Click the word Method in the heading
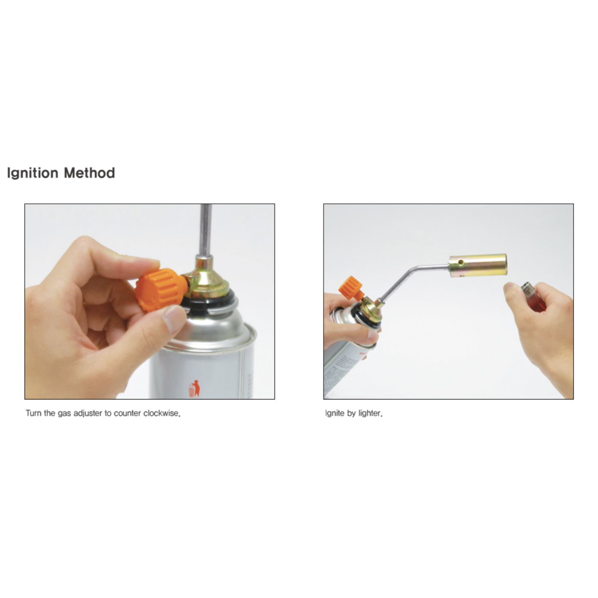[x=90, y=173]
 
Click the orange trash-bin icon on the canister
[x=194, y=389]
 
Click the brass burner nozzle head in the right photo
[x=478, y=266]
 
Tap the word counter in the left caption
[x=128, y=413]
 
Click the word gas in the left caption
[x=64, y=414]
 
